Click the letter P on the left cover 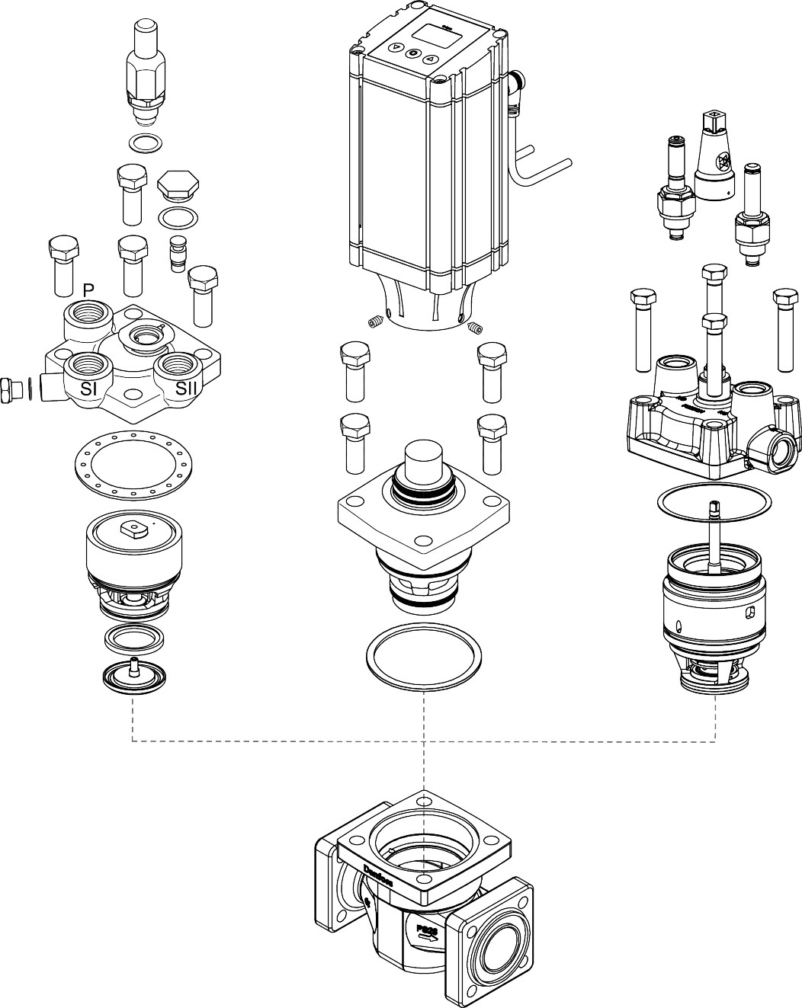tap(88, 291)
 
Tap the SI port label tap(91, 388)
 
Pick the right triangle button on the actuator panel tap(430, 59)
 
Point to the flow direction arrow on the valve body tap(427, 938)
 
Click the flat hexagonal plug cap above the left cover tap(180, 185)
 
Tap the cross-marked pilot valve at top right tap(717, 156)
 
